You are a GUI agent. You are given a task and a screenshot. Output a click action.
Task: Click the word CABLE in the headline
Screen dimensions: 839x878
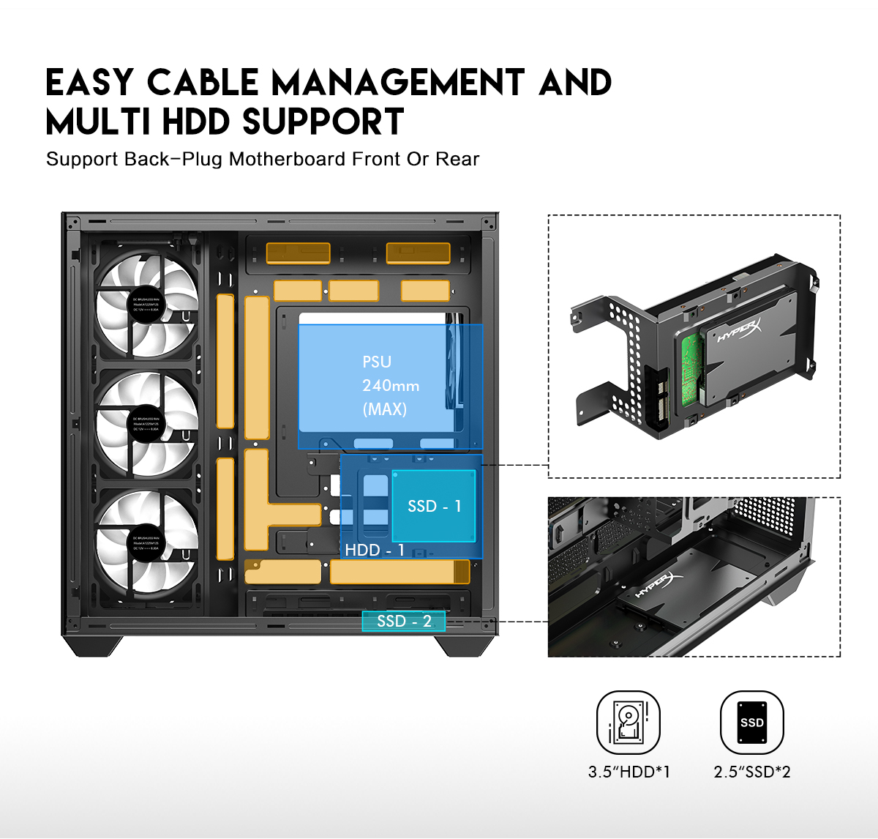pyautogui.click(x=203, y=82)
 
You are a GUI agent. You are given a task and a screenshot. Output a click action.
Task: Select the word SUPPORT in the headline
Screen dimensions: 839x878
pyautogui.click(x=323, y=122)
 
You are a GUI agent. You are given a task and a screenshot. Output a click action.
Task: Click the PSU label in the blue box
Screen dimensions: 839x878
pyautogui.click(x=377, y=362)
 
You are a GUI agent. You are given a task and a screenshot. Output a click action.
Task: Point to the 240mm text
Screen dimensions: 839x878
pyautogui.click(x=391, y=385)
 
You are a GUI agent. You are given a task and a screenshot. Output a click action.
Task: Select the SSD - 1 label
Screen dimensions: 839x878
pyautogui.click(x=434, y=506)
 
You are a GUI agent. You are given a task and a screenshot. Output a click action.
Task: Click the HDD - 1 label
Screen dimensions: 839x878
pyautogui.click(x=375, y=550)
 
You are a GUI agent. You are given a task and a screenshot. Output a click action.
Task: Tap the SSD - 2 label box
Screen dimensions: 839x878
pyautogui.click(x=404, y=622)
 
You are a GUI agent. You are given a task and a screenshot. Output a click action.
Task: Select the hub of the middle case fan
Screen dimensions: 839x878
pyautogui.click(x=147, y=424)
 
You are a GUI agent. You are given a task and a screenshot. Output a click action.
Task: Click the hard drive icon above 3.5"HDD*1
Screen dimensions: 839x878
pyautogui.click(x=629, y=723)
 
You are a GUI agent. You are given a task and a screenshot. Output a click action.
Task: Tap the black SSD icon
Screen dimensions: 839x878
pyautogui.click(x=751, y=723)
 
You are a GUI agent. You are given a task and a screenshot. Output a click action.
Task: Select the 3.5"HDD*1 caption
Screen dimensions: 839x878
pyautogui.click(x=629, y=772)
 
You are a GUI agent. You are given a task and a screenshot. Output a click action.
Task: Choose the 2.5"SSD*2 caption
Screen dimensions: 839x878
pyautogui.click(x=752, y=772)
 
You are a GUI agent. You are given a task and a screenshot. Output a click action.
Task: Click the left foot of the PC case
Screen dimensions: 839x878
pyautogui.click(x=93, y=645)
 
